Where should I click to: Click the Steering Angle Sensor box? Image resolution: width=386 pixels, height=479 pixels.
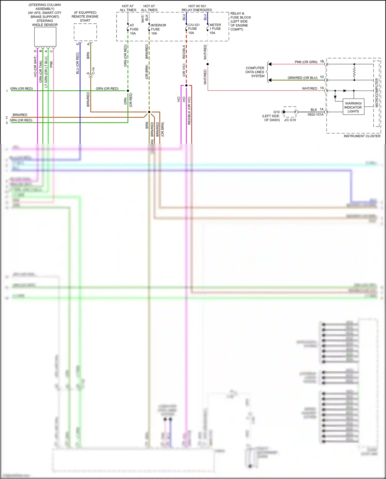pos(45,37)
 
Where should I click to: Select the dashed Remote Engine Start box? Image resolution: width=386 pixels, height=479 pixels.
pos(85,32)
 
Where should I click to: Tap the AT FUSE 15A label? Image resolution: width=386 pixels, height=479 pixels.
pos(134,29)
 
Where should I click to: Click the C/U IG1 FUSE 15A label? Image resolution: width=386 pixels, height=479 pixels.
pos(194,29)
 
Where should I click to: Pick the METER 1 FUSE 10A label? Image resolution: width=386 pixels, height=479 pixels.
pos(215,29)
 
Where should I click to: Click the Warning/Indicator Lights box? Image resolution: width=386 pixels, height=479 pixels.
pos(353,107)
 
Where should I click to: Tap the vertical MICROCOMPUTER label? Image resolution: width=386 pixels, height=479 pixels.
pos(377,93)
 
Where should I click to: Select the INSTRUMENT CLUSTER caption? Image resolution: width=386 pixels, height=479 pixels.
pos(362,136)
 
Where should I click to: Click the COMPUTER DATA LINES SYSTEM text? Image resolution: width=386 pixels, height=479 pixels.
pos(255,72)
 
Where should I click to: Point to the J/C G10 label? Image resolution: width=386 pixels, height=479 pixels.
pos(290,120)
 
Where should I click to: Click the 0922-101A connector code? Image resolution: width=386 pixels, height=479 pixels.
pos(315,115)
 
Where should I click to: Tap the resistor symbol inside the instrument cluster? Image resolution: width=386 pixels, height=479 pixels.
pos(354,72)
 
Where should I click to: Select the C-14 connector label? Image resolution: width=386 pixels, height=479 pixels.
pos(93,71)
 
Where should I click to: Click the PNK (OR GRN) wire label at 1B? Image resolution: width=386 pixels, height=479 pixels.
pos(306,62)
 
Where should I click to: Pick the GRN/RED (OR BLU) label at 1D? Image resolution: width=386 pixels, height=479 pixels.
pos(302,78)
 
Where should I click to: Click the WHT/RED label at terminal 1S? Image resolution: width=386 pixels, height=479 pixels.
pos(309,89)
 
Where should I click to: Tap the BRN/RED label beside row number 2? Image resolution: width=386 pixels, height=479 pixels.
pos(20,115)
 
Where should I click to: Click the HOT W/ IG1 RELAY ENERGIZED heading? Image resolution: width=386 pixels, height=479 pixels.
pos(197,8)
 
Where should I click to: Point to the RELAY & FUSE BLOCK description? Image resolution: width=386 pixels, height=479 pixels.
pos(240,21)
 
